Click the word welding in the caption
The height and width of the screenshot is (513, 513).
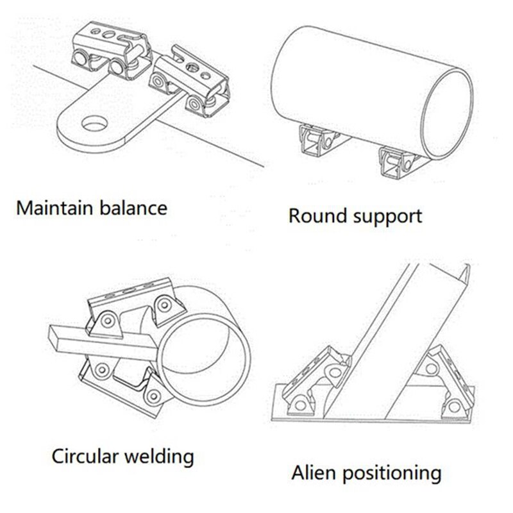click(160, 457)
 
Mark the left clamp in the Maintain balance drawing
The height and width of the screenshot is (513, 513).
click(106, 51)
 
